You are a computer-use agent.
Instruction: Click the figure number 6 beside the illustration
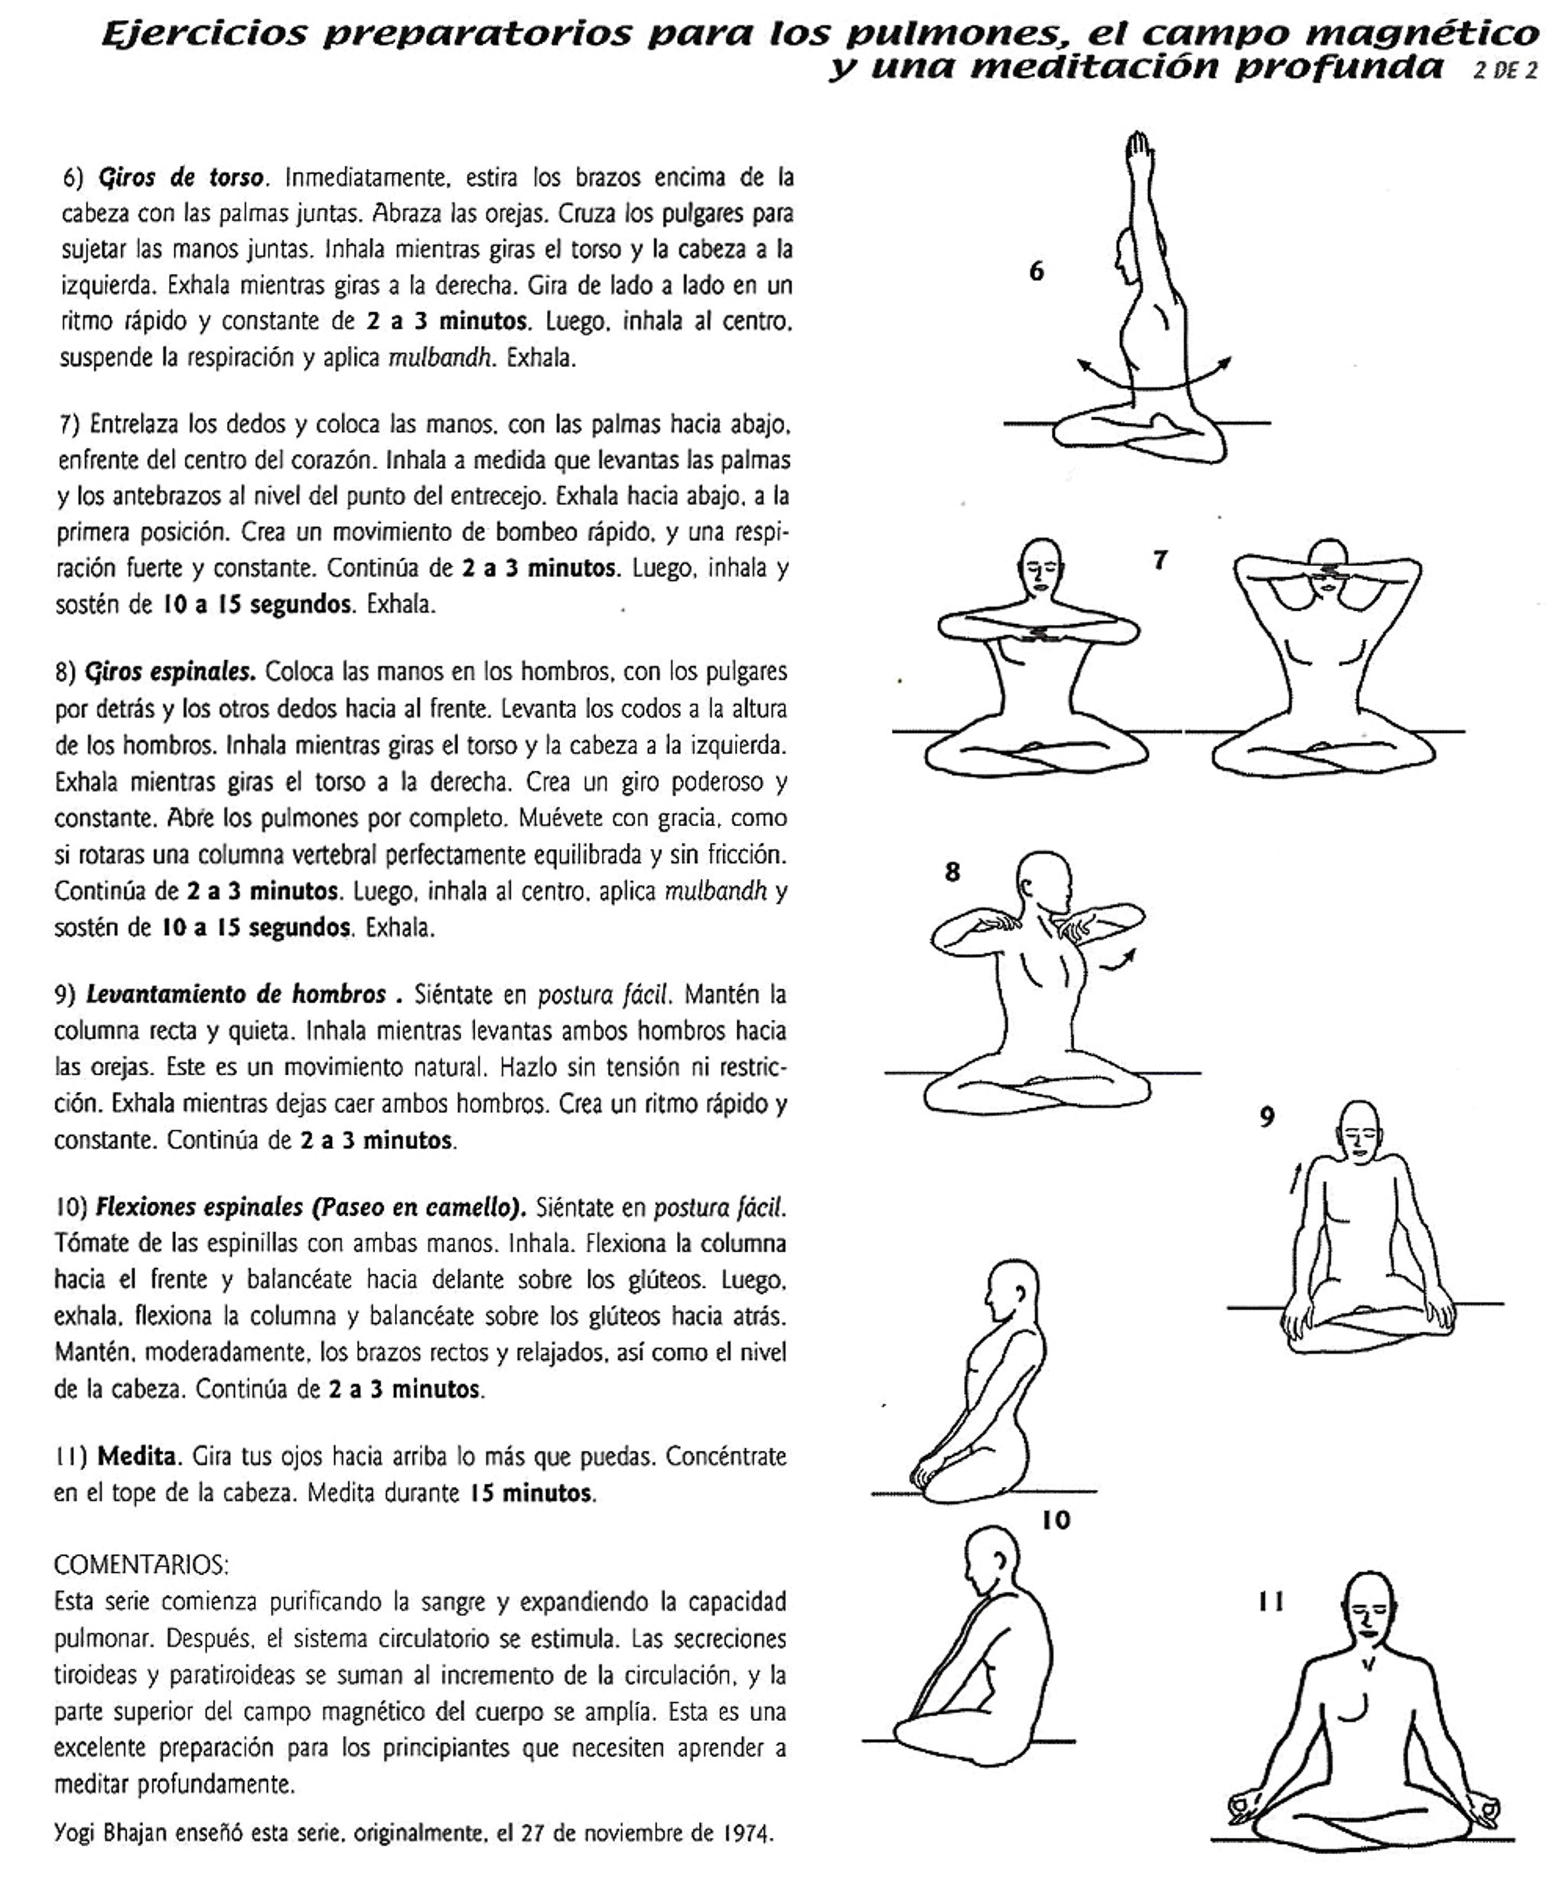pos(1036,272)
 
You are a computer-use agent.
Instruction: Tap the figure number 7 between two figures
pos(1160,560)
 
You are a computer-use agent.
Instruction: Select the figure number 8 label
pos(952,872)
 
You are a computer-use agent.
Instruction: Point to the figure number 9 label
pos(1266,1117)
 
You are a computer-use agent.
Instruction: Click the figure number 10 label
pos(1056,1520)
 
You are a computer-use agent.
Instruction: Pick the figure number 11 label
pos(1271,1602)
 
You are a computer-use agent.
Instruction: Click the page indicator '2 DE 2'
pos(1505,71)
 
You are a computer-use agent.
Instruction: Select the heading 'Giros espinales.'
pos(170,672)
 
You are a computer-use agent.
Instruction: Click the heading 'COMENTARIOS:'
pos(142,1564)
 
